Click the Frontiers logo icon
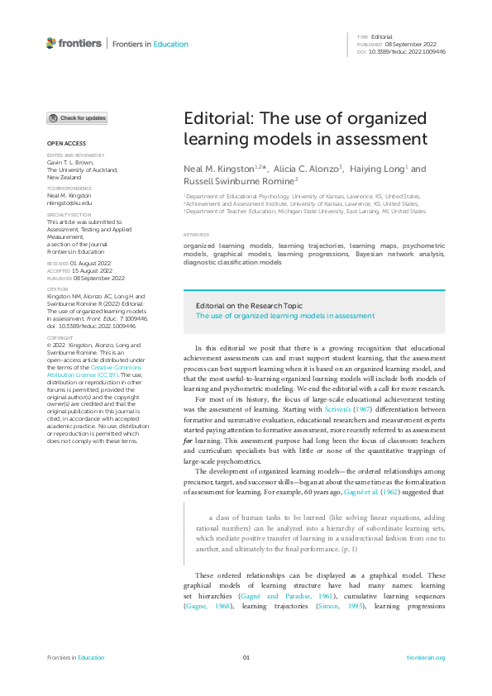[51, 43]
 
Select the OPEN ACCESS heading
[65, 143]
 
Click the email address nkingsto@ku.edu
[69, 202]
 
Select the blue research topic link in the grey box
[284, 315]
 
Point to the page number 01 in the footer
[246, 657]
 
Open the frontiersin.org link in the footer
[426, 657]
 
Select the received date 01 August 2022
[93, 264]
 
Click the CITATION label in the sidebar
[60, 289]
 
